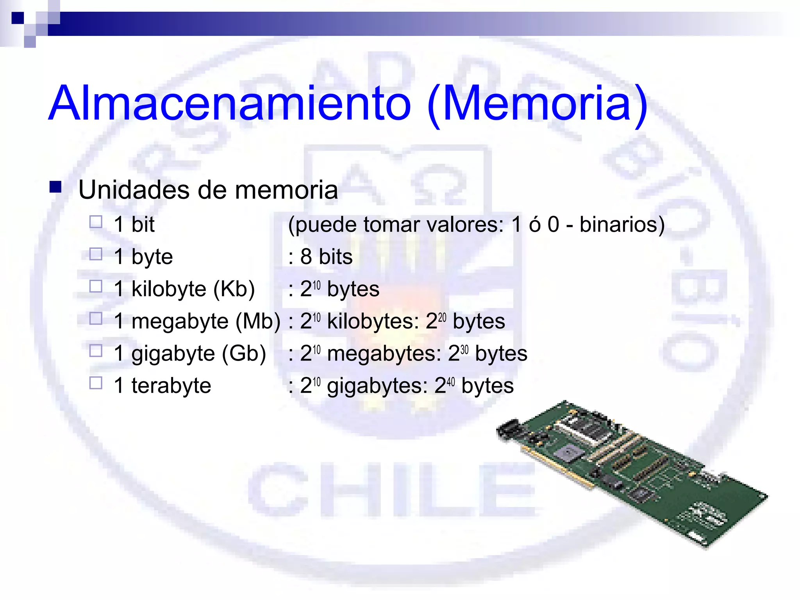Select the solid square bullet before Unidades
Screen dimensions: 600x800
tap(55, 187)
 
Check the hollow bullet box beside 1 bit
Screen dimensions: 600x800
tap(96, 222)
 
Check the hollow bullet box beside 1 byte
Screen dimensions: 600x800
tap(96, 254)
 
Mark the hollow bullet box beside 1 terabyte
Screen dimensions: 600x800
tap(96, 383)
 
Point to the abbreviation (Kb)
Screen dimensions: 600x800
tap(234, 289)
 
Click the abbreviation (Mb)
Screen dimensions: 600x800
tap(258, 321)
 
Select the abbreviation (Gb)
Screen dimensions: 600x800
tap(244, 354)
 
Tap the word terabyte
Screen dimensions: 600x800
tap(171, 386)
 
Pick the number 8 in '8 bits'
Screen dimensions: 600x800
tap(306, 257)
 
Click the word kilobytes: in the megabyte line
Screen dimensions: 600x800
tap(373, 321)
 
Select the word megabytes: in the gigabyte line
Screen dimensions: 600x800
tap(384, 354)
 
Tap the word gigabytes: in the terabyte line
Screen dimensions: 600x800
tap(377, 386)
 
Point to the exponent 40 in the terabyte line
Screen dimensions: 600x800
tap(451, 381)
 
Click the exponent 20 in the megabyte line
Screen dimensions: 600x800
tap(442, 317)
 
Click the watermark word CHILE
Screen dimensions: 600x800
tap(391, 490)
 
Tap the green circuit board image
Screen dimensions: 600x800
tap(633, 473)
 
